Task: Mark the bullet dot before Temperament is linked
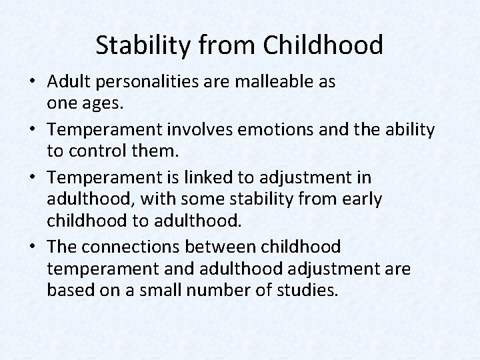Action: tap(33, 177)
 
